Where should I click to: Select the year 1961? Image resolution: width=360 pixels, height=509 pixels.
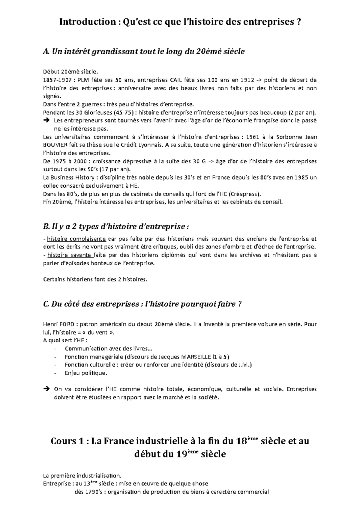click(252, 137)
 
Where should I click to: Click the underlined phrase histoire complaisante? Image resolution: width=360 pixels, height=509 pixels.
click(76, 239)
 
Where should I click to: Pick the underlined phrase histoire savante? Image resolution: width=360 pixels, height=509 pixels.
click(70, 255)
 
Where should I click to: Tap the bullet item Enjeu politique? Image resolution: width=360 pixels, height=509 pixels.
click(86, 373)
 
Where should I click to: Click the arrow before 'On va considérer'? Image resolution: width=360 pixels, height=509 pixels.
click(46, 389)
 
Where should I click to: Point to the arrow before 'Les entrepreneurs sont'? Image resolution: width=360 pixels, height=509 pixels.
click(46, 121)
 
